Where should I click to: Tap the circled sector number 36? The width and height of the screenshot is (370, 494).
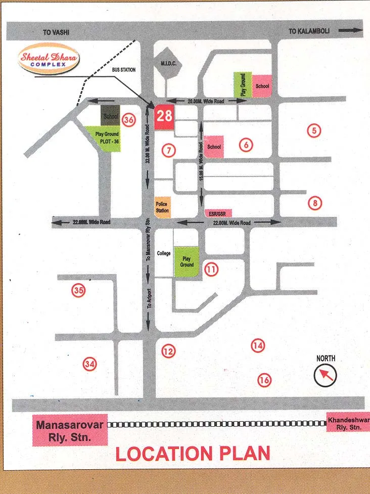tap(129, 120)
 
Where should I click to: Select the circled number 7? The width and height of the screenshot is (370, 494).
tap(169, 150)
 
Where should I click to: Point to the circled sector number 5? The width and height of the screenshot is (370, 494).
tap(314, 130)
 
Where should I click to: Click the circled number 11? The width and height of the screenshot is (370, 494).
tap(211, 270)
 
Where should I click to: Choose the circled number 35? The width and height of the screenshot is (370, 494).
tap(78, 290)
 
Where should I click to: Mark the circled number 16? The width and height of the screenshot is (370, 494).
tap(264, 380)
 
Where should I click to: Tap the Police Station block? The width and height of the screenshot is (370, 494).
tap(163, 207)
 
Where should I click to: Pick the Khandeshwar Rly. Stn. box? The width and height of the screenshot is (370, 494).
tap(348, 423)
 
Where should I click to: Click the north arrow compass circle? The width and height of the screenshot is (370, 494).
tap(325, 375)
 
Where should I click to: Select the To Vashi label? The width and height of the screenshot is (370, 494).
tap(55, 32)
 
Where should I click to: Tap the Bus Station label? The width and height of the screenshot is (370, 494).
tap(124, 69)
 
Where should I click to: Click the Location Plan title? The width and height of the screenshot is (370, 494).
tap(193, 453)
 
